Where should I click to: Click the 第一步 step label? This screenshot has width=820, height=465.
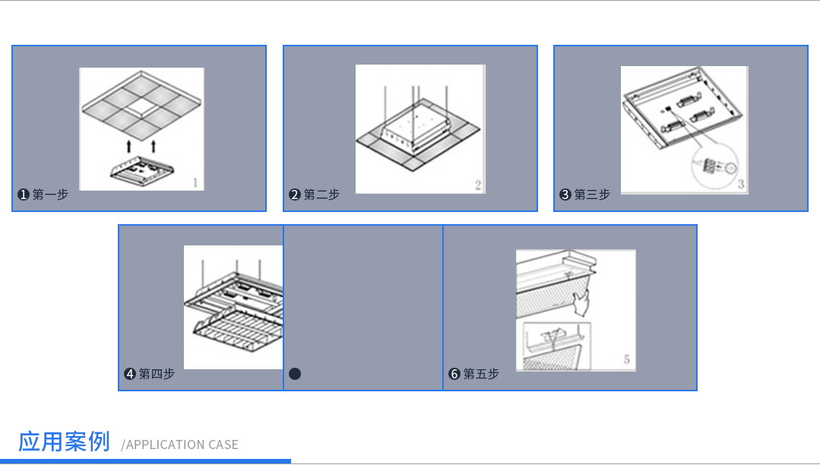[50, 195]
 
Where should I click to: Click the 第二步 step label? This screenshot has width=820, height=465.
[321, 195]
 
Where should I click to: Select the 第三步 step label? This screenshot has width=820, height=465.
[592, 195]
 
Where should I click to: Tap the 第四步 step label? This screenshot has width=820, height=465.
[157, 374]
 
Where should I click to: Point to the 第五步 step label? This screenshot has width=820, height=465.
[481, 374]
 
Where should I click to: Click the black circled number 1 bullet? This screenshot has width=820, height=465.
[24, 195]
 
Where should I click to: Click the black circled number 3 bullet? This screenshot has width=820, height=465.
[565, 195]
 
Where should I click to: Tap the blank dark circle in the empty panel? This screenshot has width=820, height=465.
[295, 374]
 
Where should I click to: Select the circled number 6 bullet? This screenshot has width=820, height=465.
[454, 374]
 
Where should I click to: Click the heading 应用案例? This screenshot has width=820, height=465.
[65, 441]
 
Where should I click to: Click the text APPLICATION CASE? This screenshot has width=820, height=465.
[180, 444]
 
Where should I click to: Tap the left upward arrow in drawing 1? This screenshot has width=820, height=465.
[128, 145]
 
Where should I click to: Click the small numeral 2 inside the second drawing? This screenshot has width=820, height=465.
[478, 185]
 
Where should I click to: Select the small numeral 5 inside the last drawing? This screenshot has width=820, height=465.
[627, 359]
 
